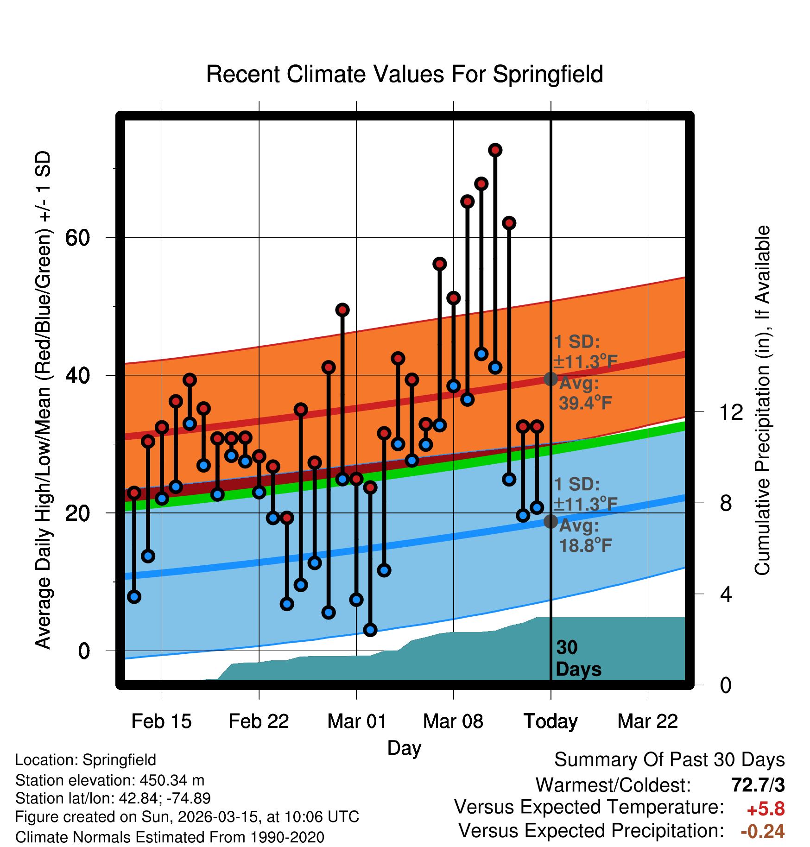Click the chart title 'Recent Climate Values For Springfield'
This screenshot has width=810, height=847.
click(405, 75)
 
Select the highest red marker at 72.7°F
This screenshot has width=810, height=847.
click(495, 150)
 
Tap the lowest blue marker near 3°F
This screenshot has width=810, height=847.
click(370, 630)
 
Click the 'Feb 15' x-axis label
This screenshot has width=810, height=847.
click(161, 721)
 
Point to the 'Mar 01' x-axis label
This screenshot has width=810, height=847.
click(356, 721)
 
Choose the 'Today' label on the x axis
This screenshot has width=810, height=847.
click(551, 721)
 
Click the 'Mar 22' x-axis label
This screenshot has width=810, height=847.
click(647, 721)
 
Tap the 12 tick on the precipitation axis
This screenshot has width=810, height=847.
click(731, 412)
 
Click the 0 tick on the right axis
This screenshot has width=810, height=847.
click(726, 685)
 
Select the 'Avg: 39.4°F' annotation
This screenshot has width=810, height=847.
click(585, 393)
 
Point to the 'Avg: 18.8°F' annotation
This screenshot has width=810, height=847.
click(585, 536)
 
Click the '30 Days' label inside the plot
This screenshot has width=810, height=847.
click(578, 658)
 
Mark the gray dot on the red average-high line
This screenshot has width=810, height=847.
click(551, 379)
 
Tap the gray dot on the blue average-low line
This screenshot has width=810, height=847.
click(551, 521)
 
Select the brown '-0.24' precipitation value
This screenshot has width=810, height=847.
click(762, 831)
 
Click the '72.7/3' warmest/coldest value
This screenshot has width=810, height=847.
click(758, 785)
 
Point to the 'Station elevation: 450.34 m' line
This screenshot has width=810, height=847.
click(110, 780)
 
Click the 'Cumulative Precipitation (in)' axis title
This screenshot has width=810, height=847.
click(762, 401)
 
